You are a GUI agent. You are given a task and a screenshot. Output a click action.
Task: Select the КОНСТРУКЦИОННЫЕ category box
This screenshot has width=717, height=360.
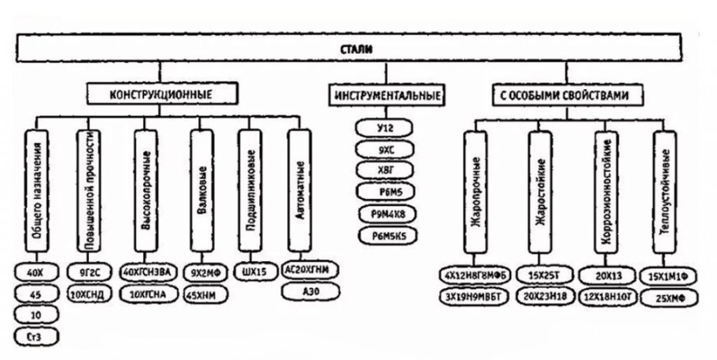tap(160, 93)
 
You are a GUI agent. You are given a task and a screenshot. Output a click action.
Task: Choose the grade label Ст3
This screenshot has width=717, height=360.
tap(35, 338)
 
